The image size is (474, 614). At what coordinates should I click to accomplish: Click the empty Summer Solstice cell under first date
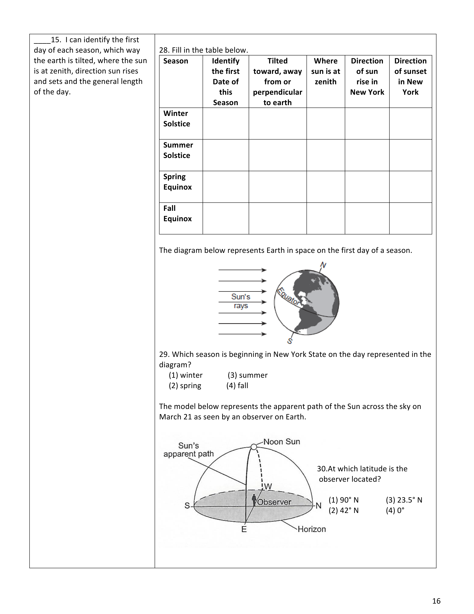(x=225, y=155)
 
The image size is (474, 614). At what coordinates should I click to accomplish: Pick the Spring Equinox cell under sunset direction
(x=410, y=187)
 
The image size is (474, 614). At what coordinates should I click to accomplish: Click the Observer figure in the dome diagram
(x=254, y=500)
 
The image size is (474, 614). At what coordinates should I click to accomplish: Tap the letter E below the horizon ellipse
(x=244, y=529)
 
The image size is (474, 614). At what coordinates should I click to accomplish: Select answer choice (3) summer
(x=247, y=375)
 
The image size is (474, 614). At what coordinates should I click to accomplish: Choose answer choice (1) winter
(x=186, y=375)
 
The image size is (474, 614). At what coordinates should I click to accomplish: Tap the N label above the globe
(x=323, y=265)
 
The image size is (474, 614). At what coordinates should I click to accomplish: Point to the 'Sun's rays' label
(x=241, y=301)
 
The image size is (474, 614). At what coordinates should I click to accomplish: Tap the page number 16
(x=436, y=601)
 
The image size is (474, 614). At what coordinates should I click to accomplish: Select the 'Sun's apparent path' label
(x=189, y=450)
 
